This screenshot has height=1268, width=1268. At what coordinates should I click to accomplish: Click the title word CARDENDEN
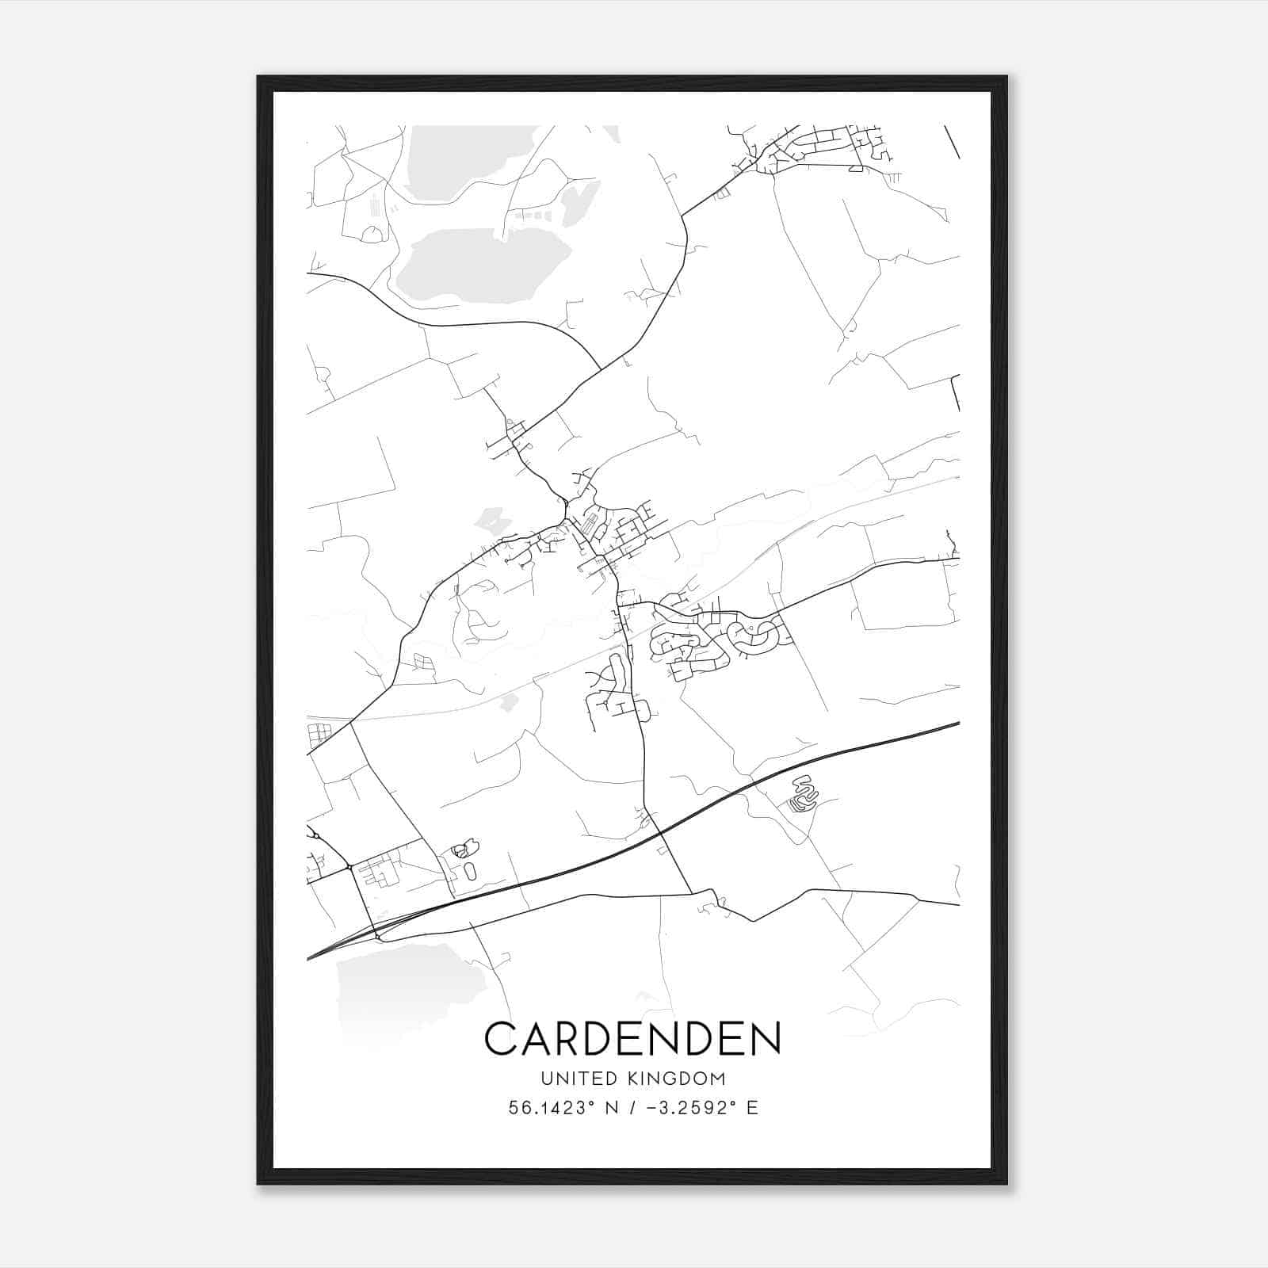click(632, 1038)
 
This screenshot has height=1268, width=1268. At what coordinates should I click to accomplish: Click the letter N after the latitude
click(610, 1108)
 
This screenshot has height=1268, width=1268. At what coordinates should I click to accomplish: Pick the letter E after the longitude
click(751, 1108)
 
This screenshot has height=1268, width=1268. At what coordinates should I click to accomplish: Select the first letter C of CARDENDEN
click(499, 1038)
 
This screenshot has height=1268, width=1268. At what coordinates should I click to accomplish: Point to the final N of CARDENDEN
click(766, 1038)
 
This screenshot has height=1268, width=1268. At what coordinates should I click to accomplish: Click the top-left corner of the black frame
click(258, 77)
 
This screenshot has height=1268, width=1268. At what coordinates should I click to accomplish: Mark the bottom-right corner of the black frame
click(1006, 1183)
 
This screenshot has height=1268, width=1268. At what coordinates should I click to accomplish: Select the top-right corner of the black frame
click(1006, 77)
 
